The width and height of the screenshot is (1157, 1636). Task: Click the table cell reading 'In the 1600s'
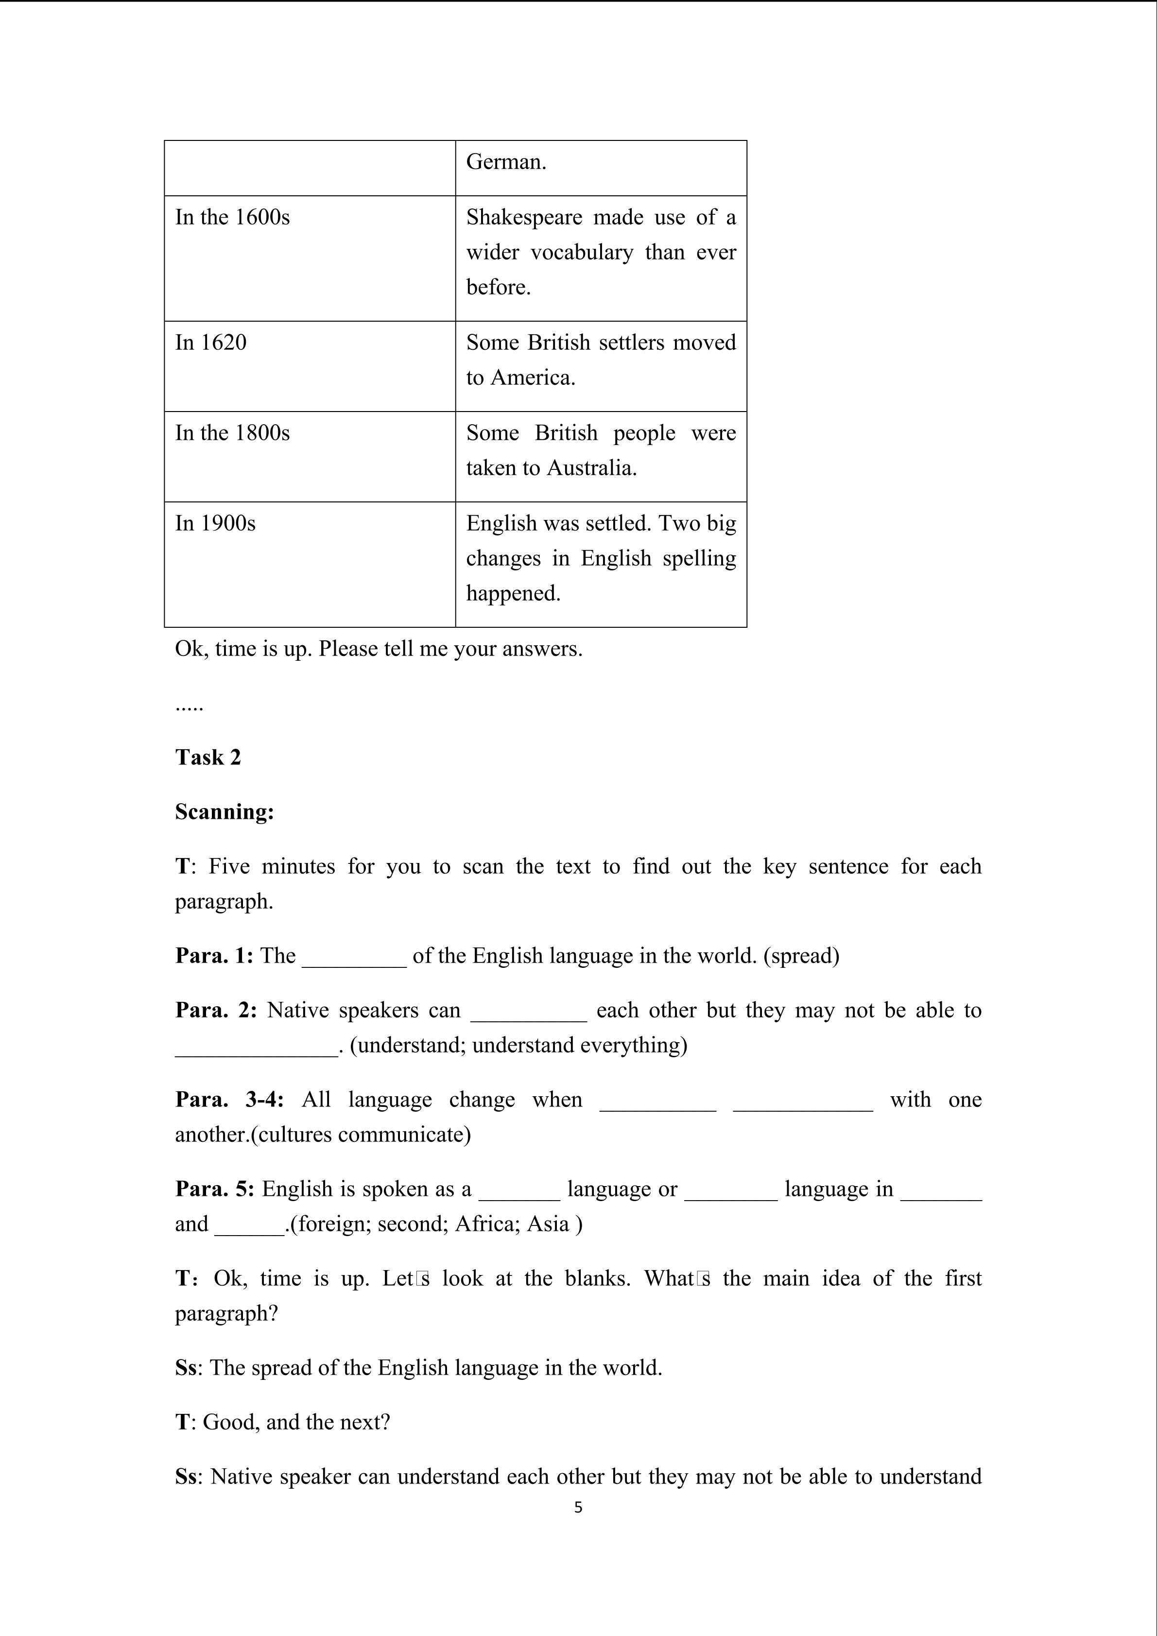click(x=232, y=217)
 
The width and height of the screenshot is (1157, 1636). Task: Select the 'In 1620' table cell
click(x=211, y=343)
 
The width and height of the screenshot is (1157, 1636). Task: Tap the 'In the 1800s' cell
click(x=232, y=433)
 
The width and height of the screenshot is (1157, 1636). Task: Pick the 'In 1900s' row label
click(x=215, y=524)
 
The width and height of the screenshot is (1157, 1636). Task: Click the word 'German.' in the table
click(x=506, y=162)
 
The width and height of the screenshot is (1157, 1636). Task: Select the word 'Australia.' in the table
click(x=591, y=468)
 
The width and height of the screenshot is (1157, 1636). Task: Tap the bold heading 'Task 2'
click(x=208, y=758)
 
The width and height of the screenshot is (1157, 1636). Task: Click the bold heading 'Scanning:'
click(x=224, y=812)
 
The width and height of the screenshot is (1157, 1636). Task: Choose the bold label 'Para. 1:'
click(x=214, y=956)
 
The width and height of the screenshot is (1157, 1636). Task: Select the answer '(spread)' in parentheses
click(x=801, y=956)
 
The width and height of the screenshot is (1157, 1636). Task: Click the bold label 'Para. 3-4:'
click(x=229, y=1100)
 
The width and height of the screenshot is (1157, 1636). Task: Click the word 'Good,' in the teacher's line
click(x=231, y=1422)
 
